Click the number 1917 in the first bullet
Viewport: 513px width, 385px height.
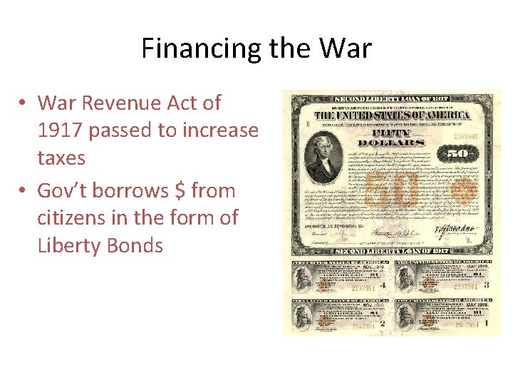pyautogui.click(x=63, y=130)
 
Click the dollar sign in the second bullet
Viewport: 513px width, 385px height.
pyautogui.click(x=180, y=190)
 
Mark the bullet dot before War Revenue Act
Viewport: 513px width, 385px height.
pyautogui.click(x=24, y=103)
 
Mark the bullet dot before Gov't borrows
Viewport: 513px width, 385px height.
pyautogui.click(x=24, y=191)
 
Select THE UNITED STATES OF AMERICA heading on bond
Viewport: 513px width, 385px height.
pyautogui.click(x=391, y=115)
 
